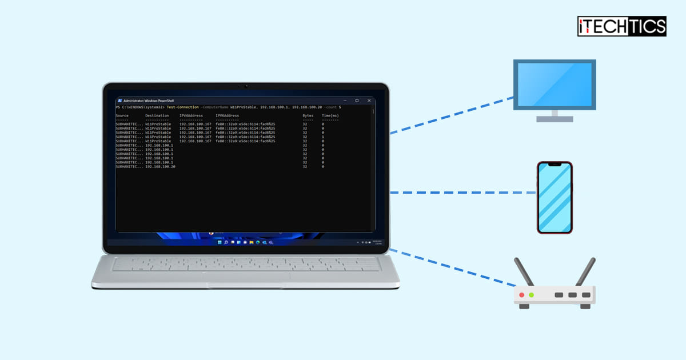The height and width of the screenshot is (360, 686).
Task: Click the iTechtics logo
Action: (x=621, y=26)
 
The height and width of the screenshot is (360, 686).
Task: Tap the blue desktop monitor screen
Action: (x=554, y=84)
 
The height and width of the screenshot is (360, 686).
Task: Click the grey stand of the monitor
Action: (x=554, y=116)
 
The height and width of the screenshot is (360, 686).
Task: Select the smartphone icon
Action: (x=555, y=197)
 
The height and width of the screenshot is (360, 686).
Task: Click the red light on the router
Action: (x=521, y=295)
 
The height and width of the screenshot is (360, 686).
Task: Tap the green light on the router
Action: (x=532, y=295)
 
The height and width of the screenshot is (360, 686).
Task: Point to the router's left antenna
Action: (x=524, y=272)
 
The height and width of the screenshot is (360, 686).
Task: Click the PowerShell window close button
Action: (x=369, y=101)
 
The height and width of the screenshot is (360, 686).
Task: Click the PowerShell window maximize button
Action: (x=357, y=101)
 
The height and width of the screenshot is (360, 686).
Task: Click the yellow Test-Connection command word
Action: (x=183, y=107)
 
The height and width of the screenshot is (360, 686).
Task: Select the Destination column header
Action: (x=157, y=115)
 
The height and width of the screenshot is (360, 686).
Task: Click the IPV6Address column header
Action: (x=227, y=115)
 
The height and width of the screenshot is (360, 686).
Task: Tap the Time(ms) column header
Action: (x=330, y=115)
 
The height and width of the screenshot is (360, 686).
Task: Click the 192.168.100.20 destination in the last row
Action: (x=160, y=166)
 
